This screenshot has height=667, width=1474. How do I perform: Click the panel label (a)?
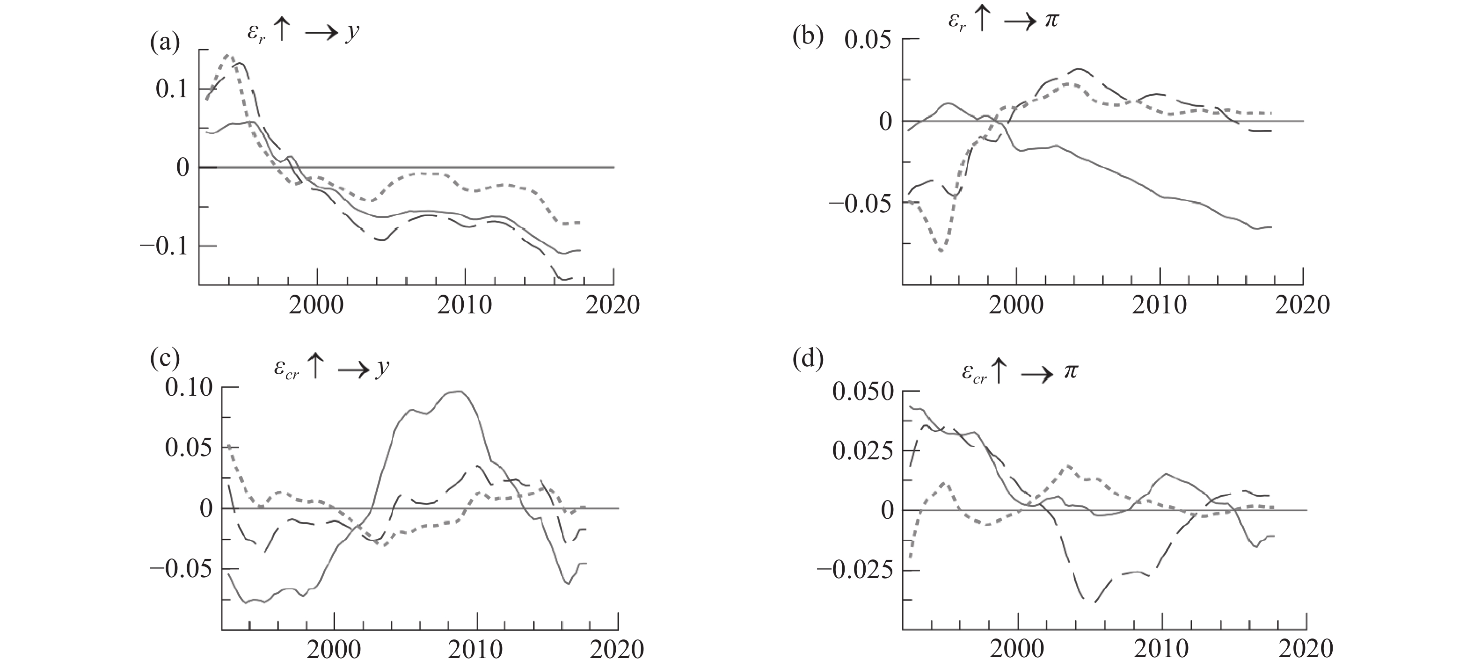[x=165, y=43]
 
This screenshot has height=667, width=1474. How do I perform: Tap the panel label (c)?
[x=165, y=359]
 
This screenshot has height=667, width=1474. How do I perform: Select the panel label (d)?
[x=807, y=359]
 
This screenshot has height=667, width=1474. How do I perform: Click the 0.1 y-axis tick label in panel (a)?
[x=171, y=89]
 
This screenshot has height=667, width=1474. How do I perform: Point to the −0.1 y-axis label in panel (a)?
[x=164, y=246]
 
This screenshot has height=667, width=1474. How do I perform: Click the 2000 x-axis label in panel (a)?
[x=316, y=305]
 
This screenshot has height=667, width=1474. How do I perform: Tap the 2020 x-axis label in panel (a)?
[x=612, y=305]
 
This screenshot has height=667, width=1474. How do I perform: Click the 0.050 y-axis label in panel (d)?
[x=862, y=392]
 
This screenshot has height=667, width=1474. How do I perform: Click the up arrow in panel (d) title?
[x=998, y=372]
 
